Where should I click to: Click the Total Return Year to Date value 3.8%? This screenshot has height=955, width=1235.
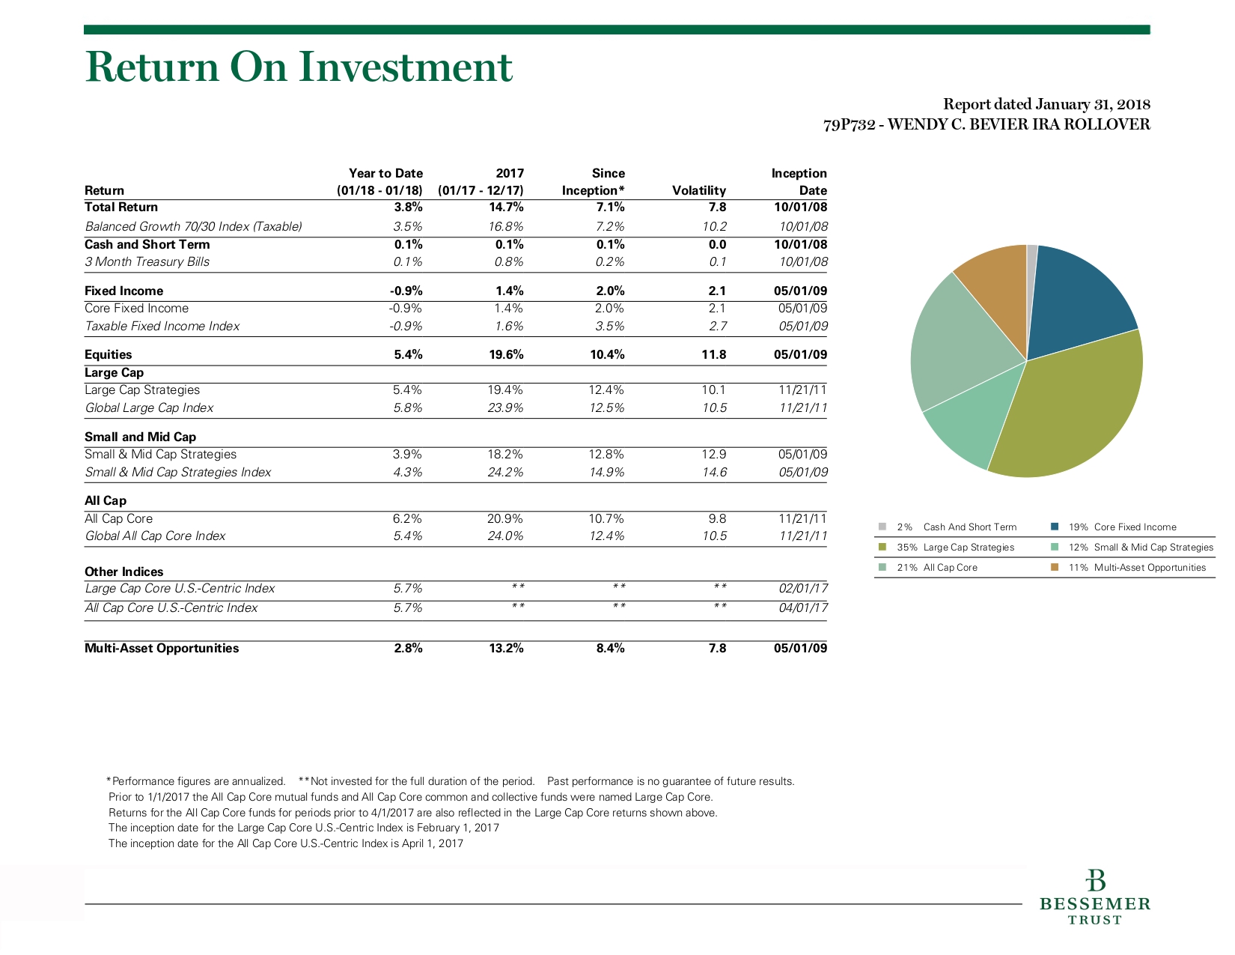[408, 207]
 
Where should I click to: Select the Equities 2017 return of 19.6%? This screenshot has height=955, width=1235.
[506, 354]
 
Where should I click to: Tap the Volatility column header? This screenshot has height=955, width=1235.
[699, 190]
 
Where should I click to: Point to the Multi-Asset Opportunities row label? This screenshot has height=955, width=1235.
[162, 648]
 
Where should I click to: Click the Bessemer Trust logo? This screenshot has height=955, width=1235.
[1094, 897]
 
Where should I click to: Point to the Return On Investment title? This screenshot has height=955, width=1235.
[299, 67]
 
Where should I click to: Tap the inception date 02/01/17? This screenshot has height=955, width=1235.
[803, 588]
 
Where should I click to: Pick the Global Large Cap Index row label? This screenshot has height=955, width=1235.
[149, 407]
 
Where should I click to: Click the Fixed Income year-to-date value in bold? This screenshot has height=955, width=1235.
[406, 291]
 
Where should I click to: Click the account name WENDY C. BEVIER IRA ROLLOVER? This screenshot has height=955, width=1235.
[1019, 124]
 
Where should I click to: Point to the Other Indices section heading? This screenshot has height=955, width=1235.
[124, 572]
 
